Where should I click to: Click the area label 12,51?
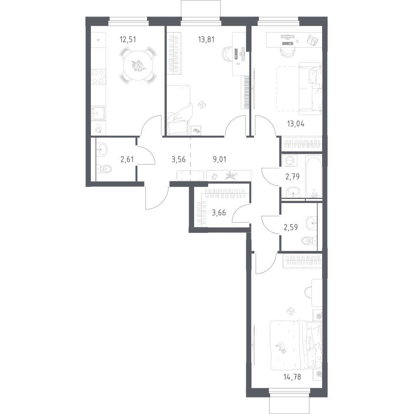pos(128,40)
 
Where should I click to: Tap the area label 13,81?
pos(206,40)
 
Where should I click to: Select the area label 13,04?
pos(296,124)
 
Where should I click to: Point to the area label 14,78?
pos(292,377)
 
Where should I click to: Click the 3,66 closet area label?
pos(219,213)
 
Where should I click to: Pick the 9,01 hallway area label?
pos(219,159)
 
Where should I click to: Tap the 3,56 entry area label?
pos(178,159)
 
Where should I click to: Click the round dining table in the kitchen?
pos(138,65)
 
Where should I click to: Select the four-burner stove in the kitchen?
pos(98,77)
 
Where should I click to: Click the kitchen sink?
pos(98,113)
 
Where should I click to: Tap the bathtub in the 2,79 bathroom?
pos(313,176)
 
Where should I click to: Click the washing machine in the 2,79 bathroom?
pos(290,161)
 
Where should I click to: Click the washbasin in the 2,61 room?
pos(102,149)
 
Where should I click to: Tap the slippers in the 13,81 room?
pos(202,105)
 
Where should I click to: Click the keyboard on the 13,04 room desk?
pos(287,43)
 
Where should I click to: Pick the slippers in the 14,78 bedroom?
pos(291,311)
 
